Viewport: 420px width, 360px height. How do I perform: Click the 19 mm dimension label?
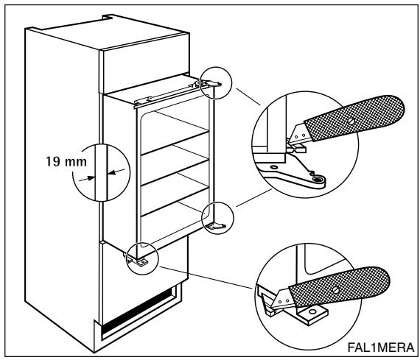click(x=66, y=162)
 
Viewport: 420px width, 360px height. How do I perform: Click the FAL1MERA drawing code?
click(x=381, y=347)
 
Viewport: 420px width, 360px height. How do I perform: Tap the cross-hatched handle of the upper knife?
click(x=354, y=117)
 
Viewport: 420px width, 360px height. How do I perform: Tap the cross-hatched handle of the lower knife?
click(x=339, y=286)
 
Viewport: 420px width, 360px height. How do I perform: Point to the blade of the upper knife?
click(x=299, y=133)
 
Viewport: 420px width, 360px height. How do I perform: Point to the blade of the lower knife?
click(x=283, y=298)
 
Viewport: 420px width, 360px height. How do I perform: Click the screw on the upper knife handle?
click(x=351, y=121)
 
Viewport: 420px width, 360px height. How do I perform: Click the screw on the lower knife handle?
click(x=335, y=290)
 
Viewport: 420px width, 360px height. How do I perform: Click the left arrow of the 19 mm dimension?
click(x=87, y=179)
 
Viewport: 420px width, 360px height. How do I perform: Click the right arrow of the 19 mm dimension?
click(x=116, y=172)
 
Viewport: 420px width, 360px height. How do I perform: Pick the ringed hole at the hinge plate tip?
click(x=318, y=180)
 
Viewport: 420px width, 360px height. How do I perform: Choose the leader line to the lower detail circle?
click(x=206, y=278)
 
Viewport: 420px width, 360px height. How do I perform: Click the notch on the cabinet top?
click(x=107, y=17)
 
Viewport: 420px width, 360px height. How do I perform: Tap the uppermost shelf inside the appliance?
click(x=175, y=143)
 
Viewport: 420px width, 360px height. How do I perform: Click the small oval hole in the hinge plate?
click(x=274, y=167)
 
